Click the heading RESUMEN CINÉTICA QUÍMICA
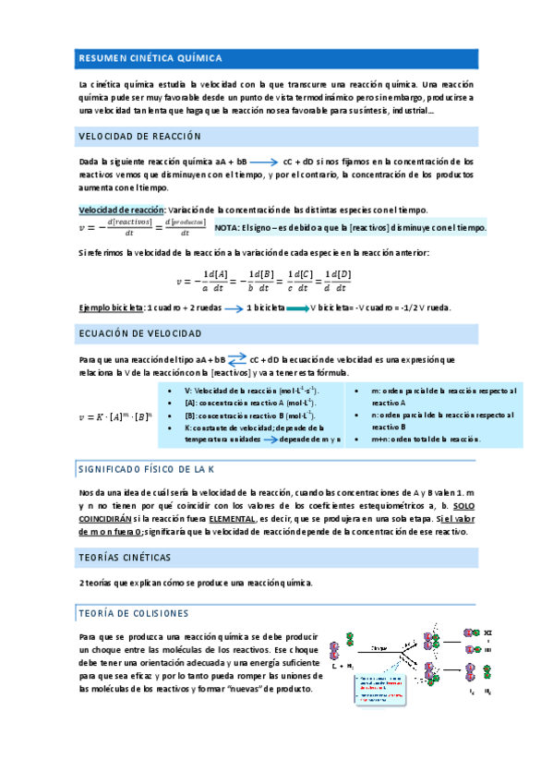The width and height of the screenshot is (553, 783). click(150, 58)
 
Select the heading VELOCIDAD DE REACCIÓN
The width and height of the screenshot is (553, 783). click(140, 136)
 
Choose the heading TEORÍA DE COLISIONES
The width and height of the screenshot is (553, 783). click(134, 613)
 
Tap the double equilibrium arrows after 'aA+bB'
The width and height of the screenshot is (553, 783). click(237, 358)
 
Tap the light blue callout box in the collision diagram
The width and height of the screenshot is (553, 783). click(379, 691)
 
